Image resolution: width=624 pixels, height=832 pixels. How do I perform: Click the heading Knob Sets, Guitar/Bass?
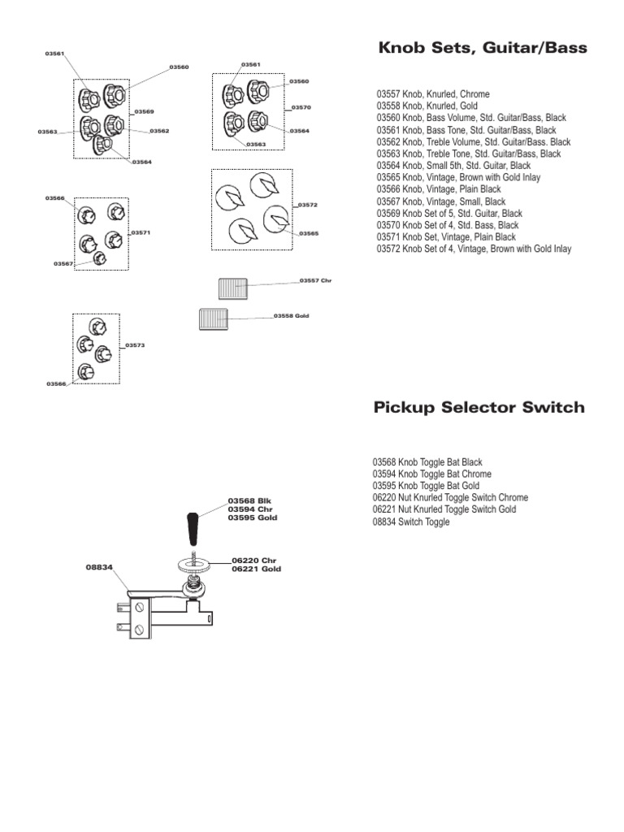pyautogui.click(x=483, y=49)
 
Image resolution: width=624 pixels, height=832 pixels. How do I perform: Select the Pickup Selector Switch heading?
pyautogui.click(x=479, y=408)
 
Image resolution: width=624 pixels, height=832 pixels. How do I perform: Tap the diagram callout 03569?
pyautogui.click(x=144, y=111)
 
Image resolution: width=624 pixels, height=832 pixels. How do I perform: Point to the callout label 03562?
pyautogui.click(x=159, y=131)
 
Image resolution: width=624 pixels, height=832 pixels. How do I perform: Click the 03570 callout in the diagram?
pyautogui.click(x=301, y=107)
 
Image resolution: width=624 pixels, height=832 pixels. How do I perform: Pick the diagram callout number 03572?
pyautogui.click(x=308, y=205)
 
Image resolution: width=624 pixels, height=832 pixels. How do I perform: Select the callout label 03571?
pyautogui.click(x=141, y=232)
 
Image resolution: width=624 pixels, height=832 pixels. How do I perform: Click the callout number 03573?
pyautogui.click(x=135, y=345)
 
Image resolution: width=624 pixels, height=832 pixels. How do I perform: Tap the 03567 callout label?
pyautogui.click(x=63, y=263)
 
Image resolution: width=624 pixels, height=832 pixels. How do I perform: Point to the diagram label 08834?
pyautogui.click(x=97, y=568)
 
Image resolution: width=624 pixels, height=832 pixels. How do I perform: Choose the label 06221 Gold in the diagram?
pyautogui.click(x=256, y=570)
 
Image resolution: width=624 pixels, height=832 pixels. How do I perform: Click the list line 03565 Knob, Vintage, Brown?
pyautogui.click(x=458, y=177)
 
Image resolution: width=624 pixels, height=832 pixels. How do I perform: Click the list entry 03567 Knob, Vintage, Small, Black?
pyautogui.click(x=440, y=201)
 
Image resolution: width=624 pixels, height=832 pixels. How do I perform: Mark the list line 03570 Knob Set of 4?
pyautogui.click(x=448, y=225)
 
